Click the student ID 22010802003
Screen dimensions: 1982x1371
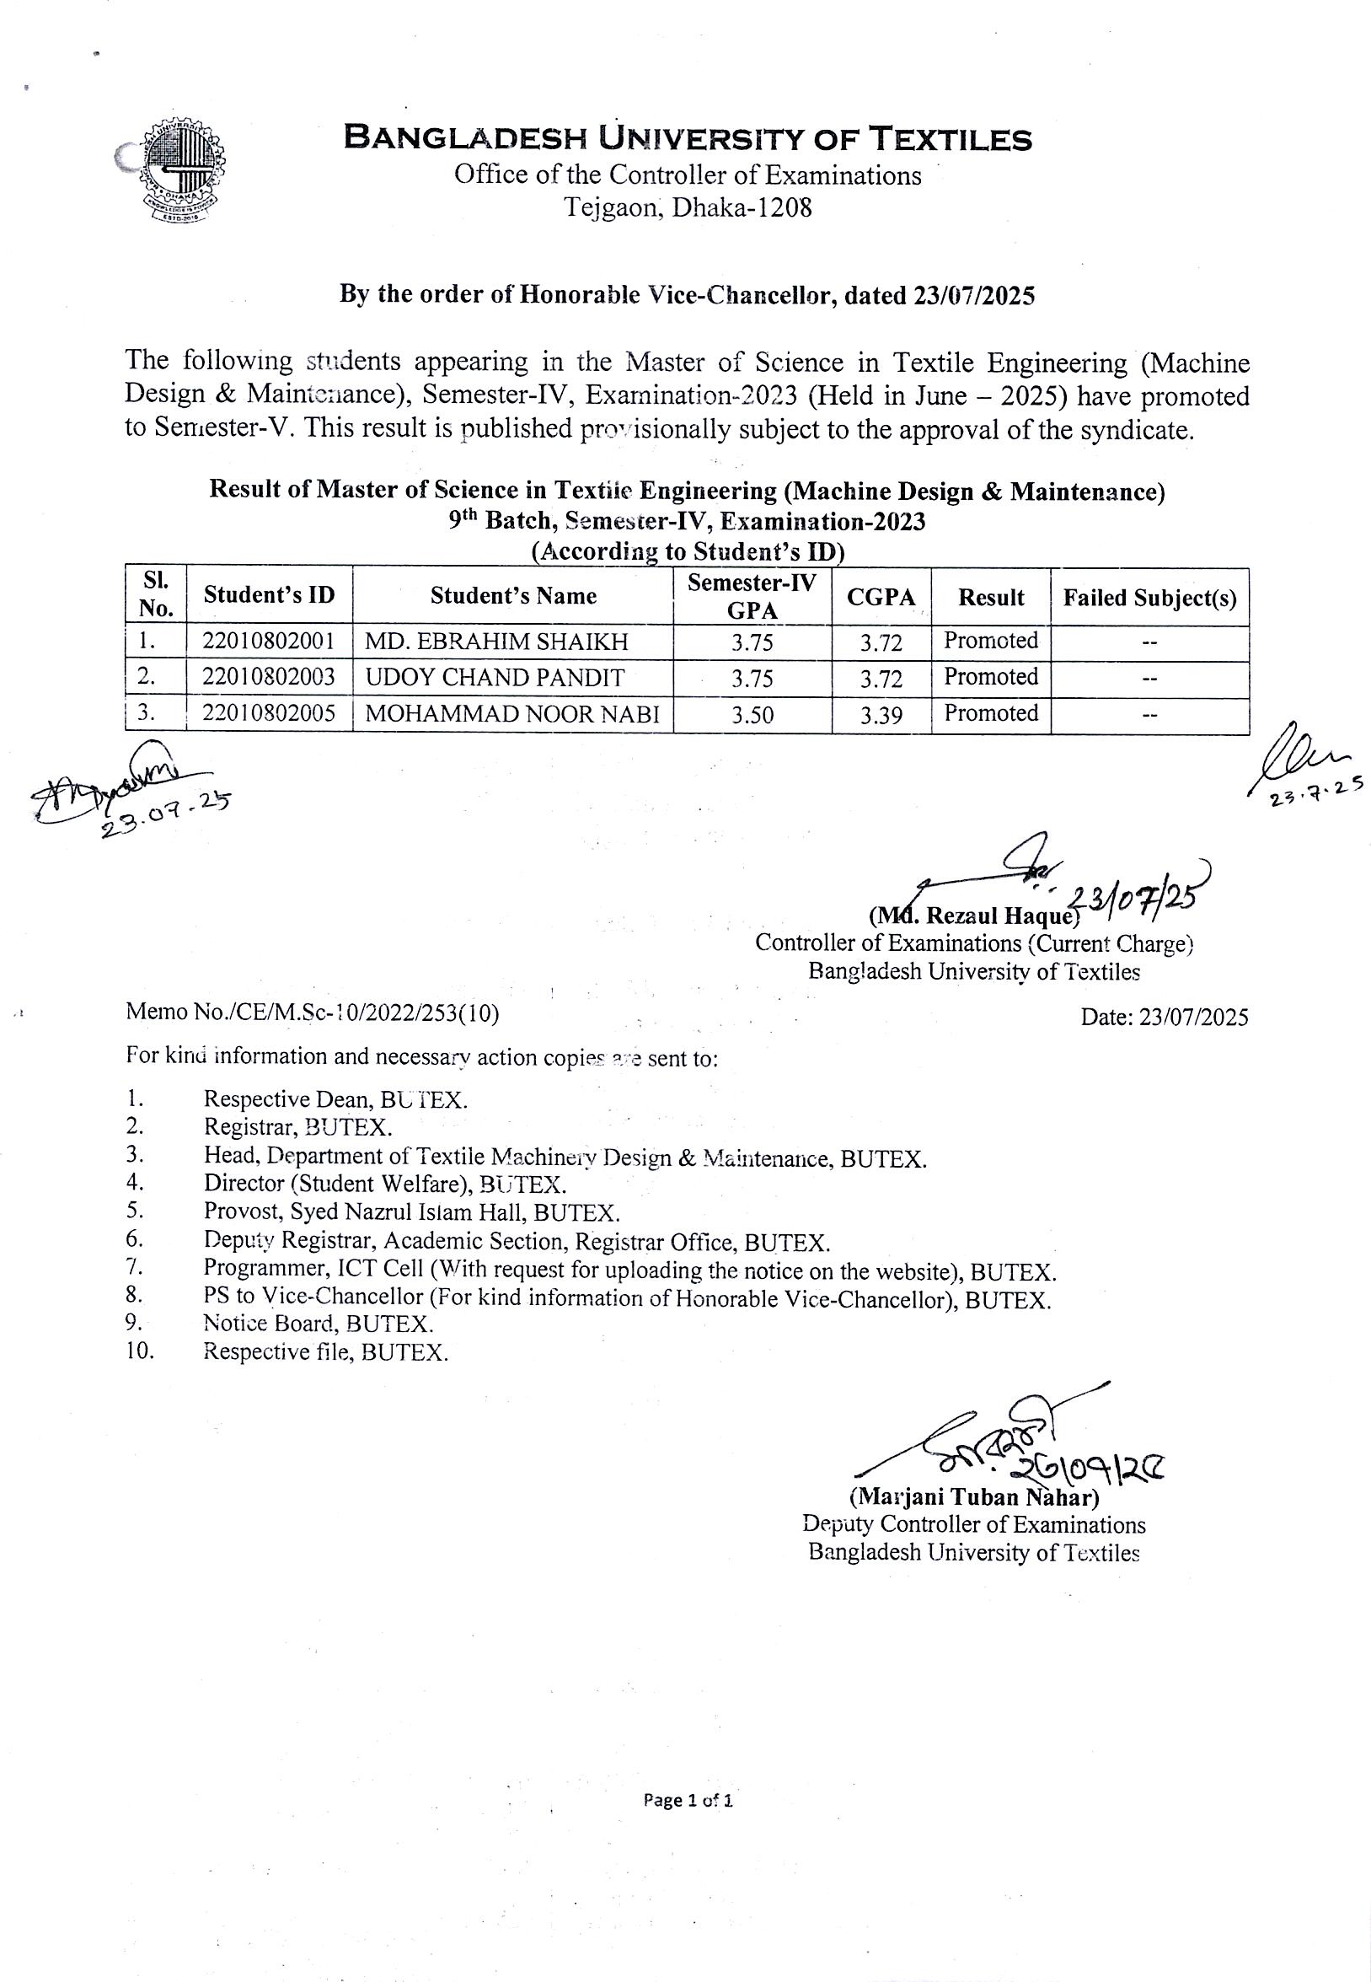tap(269, 677)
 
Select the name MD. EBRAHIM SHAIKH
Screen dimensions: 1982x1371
tap(496, 642)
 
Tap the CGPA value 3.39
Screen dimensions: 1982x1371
tap(881, 715)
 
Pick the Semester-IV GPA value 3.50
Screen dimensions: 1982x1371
tap(752, 715)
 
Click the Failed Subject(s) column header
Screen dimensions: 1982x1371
tap(1149, 598)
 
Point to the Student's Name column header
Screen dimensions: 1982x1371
tap(513, 596)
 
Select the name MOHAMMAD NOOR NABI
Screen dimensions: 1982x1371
tap(518, 714)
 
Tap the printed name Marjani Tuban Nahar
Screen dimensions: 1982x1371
tap(974, 1497)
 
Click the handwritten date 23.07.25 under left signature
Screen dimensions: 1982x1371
tap(166, 814)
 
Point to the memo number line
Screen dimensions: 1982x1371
tap(313, 1012)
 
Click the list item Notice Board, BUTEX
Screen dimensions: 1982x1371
tap(318, 1324)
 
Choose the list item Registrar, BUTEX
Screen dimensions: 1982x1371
tap(298, 1126)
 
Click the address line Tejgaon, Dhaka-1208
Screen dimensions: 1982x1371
tap(688, 208)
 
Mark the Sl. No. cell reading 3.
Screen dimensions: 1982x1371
tap(147, 712)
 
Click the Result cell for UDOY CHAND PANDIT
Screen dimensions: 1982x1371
tap(990, 677)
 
